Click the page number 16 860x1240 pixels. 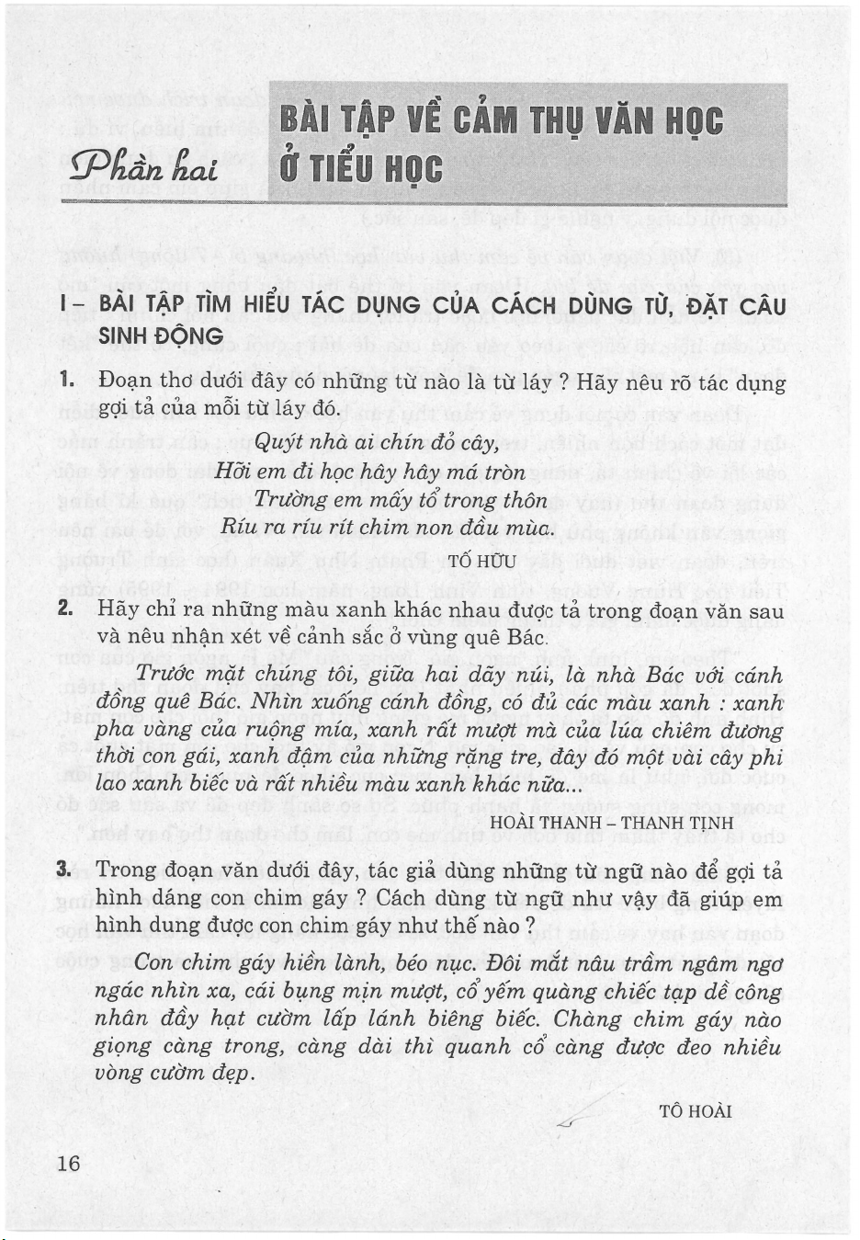69,1163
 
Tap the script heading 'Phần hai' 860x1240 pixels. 145,168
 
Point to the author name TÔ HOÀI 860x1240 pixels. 696,1111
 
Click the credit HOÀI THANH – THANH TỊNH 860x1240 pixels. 612,822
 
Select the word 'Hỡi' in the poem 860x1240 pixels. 233,472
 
